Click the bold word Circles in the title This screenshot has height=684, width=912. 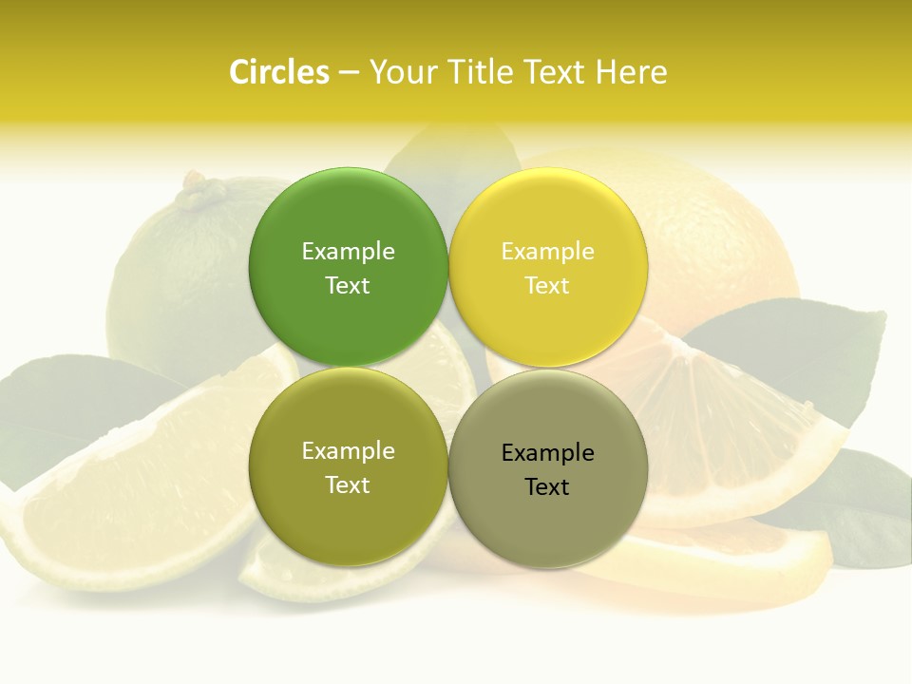coord(278,72)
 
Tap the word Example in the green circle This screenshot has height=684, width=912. coord(348,251)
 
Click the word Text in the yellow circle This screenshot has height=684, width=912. coord(547,285)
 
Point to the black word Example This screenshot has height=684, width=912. coord(548,452)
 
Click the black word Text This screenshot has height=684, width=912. coord(547,486)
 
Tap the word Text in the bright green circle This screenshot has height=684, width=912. coord(348,285)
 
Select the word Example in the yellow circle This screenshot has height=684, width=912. coord(548,251)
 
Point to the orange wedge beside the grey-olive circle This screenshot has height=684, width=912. coord(731,427)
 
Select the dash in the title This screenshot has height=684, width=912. coord(349,73)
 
